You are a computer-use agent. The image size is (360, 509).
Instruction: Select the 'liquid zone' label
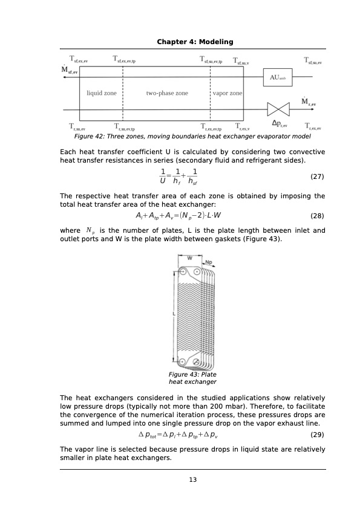(102, 94)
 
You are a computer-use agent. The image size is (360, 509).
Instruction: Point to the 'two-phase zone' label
(167, 94)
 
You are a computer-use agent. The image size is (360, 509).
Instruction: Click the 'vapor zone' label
(227, 94)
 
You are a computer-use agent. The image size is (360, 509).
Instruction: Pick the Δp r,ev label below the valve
(279, 125)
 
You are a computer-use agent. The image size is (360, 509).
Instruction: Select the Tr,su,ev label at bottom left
(79, 128)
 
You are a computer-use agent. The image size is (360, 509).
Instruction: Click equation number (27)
(317, 177)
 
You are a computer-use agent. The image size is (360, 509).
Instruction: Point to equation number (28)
(317, 216)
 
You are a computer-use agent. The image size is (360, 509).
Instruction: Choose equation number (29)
(317, 435)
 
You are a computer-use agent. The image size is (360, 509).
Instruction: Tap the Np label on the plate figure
(209, 263)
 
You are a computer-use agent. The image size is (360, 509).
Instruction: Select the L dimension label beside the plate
(174, 315)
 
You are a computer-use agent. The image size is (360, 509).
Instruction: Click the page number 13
(193, 480)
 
